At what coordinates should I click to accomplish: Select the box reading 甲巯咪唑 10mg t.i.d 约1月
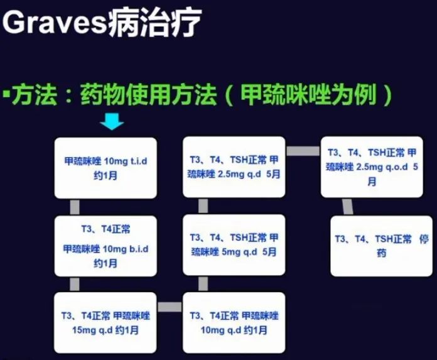pyautogui.click(x=106, y=167)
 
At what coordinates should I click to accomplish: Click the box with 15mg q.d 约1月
pyautogui.click(x=106, y=322)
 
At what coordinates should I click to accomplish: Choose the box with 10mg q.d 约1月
pyautogui.click(x=234, y=322)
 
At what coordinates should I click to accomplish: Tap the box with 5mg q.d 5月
pyautogui.click(x=234, y=244)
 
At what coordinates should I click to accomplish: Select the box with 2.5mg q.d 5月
pyautogui.click(x=234, y=167)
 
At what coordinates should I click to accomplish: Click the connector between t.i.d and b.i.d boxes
pyautogui.click(x=75, y=206)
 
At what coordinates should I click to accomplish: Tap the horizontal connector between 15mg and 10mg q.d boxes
pyautogui.click(x=170, y=307)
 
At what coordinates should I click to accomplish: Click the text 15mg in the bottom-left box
pyautogui.click(x=73, y=329)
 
